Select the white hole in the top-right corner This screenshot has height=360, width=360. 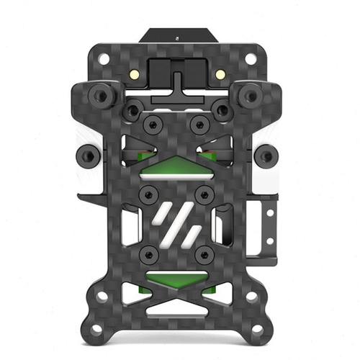click(x=253, y=58)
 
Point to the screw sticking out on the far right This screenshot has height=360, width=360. click(x=266, y=155)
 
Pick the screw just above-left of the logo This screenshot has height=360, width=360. click(x=149, y=194)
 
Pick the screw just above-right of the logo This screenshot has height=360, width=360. click(x=204, y=194)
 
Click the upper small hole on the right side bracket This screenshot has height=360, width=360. click(x=270, y=212)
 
